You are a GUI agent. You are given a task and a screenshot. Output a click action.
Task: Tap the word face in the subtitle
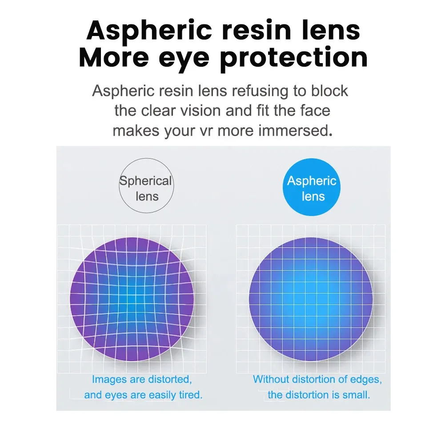pyautogui.click(x=315, y=110)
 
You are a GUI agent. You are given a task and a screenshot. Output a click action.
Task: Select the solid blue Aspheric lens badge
pyautogui.click(x=311, y=187)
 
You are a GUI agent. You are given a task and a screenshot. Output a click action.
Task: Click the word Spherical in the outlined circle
pyautogui.click(x=145, y=181)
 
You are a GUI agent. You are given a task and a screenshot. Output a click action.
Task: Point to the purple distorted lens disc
pyautogui.click(x=132, y=299)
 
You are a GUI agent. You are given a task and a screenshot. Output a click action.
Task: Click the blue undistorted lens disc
pyautogui.click(x=311, y=299)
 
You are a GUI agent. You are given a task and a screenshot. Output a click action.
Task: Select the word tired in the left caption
pyautogui.click(x=190, y=395)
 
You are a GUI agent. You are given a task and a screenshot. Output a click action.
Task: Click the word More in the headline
pyautogui.click(x=114, y=58)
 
